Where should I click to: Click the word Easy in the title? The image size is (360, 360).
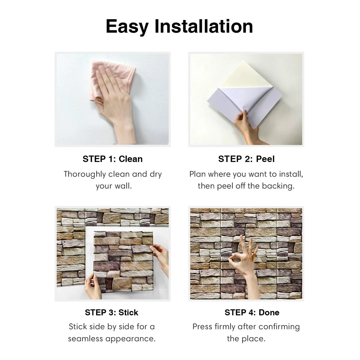click(x=127, y=27)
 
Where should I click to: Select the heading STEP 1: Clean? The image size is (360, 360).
click(x=113, y=159)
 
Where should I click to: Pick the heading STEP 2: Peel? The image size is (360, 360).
click(x=246, y=159)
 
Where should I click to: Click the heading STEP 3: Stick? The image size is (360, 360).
click(x=112, y=312)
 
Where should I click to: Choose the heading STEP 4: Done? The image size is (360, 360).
click(x=252, y=312)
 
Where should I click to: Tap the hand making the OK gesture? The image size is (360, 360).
click(x=245, y=265)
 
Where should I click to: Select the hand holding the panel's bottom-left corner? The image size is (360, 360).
click(x=93, y=287)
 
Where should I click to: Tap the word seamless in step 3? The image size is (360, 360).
click(x=85, y=339)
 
